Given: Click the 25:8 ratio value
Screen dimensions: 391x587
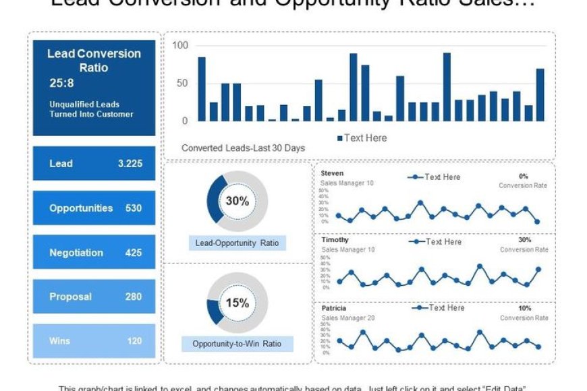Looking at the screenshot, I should coord(61,84).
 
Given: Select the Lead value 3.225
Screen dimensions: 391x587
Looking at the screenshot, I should coord(130,164).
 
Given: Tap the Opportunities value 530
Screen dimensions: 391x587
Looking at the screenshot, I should coord(134,208).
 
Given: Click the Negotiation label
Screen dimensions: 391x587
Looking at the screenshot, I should coord(76,253).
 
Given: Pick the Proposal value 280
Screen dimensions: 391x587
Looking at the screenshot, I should coord(134,297).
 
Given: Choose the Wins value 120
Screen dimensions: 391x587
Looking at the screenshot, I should coord(134,341).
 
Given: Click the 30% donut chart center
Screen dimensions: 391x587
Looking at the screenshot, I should coord(237,201).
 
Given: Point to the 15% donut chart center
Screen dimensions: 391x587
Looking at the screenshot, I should coord(237,303).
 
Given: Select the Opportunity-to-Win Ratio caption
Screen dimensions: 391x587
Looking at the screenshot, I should coord(237,344).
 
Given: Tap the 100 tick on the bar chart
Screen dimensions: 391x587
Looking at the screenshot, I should coord(180,45).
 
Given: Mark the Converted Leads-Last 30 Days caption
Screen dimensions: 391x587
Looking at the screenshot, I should coord(243,148).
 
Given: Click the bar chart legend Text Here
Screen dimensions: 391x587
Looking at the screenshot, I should coord(365,138).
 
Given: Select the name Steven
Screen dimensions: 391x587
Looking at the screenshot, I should coord(332,174).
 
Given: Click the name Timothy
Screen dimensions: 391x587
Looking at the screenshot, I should coord(335,240).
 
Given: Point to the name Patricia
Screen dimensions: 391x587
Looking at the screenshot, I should coord(334,308).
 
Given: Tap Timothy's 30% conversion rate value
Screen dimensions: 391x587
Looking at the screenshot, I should coord(524,240).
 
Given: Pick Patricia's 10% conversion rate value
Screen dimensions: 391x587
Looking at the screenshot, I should coord(524,308).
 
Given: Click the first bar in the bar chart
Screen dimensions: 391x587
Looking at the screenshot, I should coord(202,89).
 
